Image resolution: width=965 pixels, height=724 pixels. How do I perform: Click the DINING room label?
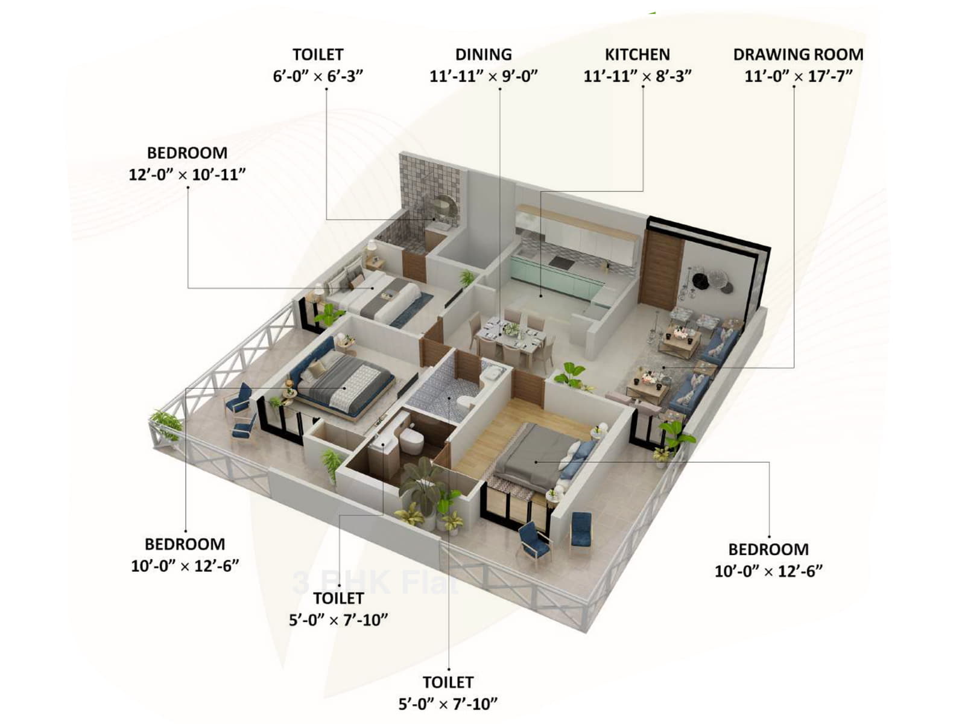click(x=483, y=54)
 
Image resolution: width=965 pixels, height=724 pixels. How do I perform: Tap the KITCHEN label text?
click(x=637, y=54)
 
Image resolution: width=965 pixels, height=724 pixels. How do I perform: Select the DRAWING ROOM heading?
click(x=798, y=54)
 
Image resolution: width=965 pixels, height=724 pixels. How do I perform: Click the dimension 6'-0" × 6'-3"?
click(x=318, y=77)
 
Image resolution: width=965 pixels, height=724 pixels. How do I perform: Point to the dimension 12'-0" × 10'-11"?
click(x=187, y=175)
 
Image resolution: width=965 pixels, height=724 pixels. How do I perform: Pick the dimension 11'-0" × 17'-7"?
click(x=798, y=77)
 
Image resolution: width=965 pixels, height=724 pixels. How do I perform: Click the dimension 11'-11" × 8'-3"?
click(x=637, y=77)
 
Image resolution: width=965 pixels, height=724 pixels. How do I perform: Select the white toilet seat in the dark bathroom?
click(x=412, y=439)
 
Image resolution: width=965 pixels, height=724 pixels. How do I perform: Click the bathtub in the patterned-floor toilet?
click(x=492, y=375)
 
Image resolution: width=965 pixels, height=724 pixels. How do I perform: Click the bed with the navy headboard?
click(x=341, y=380)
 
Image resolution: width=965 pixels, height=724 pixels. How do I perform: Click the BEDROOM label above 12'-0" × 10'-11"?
click(x=187, y=153)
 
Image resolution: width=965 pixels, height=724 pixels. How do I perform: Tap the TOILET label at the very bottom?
click(x=448, y=682)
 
